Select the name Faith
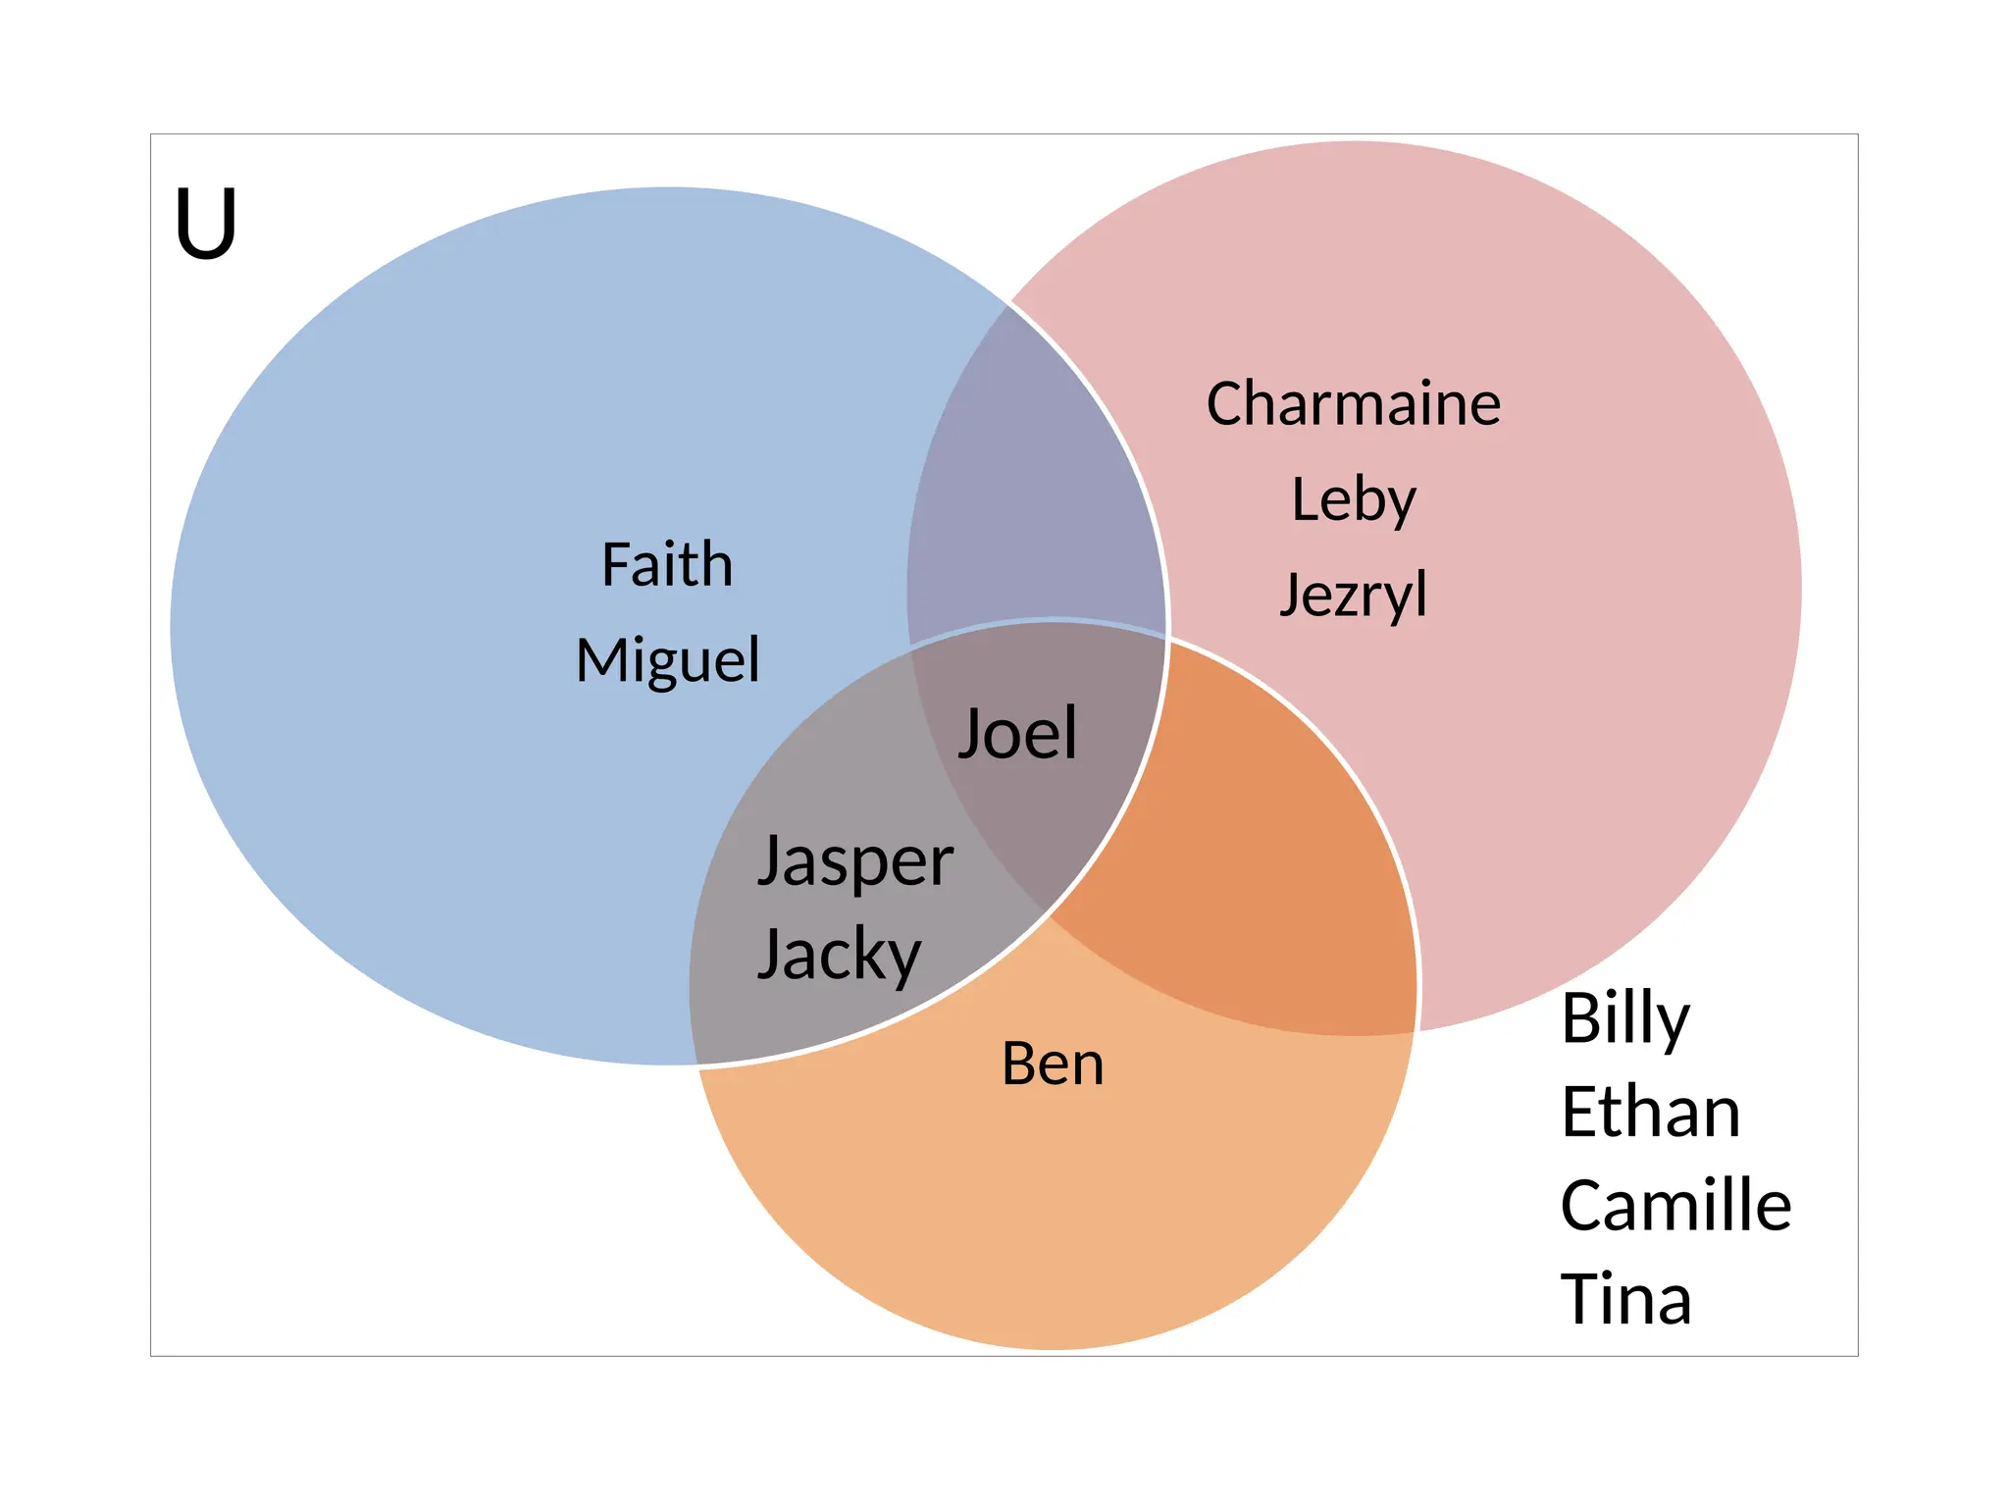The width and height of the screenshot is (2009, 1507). pyautogui.click(x=667, y=565)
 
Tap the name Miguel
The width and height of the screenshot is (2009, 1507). pyautogui.click(x=667, y=659)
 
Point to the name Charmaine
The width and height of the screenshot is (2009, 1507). pyautogui.click(x=1353, y=403)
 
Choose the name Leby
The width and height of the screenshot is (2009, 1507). pyautogui.click(x=1354, y=499)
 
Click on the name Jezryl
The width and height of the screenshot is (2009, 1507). pyautogui.click(x=1354, y=595)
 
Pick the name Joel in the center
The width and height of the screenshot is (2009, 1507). pyautogui.click(x=1017, y=733)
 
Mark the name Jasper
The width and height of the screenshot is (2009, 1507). pyautogui.click(x=855, y=861)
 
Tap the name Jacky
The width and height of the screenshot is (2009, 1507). pyautogui.click(x=840, y=954)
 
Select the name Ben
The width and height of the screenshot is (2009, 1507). pyautogui.click(x=1053, y=1064)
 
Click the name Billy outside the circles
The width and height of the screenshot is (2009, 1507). pyautogui.click(x=1625, y=1018)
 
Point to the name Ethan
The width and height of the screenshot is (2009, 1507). pyautogui.click(x=1651, y=1113)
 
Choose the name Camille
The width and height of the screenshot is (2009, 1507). pyautogui.click(x=1675, y=1206)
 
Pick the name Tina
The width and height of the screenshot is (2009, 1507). pyautogui.click(x=1625, y=1299)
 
